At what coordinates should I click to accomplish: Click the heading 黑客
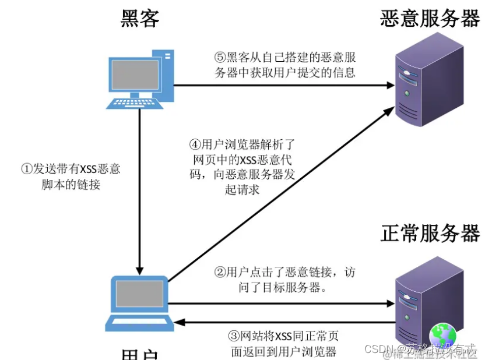pyautogui.click(x=140, y=18)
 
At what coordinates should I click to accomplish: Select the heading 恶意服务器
pyautogui.click(x=430, y=18)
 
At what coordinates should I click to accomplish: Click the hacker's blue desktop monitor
pyautogui.click(x=136, y=75)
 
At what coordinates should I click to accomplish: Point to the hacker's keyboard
pyautogui.click(x=134, y=103)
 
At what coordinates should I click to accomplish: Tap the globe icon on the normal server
pyautogui.click(x=443, y=336)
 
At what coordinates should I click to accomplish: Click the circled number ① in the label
pyautogui.click(x=26, y=169)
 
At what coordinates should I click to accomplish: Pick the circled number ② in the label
pyautogui.click(x=220, y=271)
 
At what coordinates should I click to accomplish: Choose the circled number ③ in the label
pyautogui.click(x=233, y=336)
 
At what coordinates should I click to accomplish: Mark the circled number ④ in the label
pyautogui.click(x=196, y=143)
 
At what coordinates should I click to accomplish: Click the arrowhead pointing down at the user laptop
pyautogui.click(x=139, y=269)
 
